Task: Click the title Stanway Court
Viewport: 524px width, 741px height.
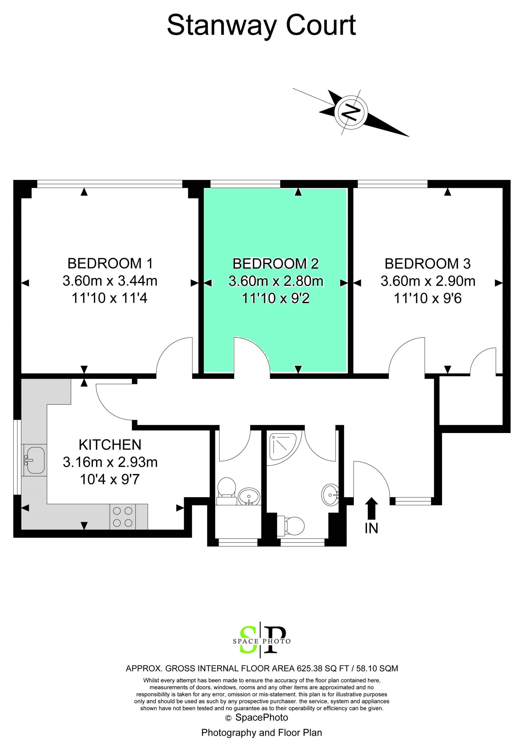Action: click(x=261, y=25)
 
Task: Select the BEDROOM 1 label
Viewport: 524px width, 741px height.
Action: click(x=110, y=263)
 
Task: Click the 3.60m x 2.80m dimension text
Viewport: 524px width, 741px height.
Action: click(x=276, y=281)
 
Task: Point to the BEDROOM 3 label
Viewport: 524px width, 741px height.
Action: click(x=428, y=264)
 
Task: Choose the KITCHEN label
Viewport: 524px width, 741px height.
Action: click(x=110, y=445)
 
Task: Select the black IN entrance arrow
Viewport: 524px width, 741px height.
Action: click(x=372, y=508)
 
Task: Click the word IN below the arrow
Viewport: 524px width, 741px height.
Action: click(x=372, y=528)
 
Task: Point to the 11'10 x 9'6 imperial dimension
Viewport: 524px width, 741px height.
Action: click(x=428, y=298)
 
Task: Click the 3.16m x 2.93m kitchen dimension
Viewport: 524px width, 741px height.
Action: click(x=110, y=462)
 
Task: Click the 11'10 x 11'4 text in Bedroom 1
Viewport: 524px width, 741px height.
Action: click(x=110, y=298)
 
